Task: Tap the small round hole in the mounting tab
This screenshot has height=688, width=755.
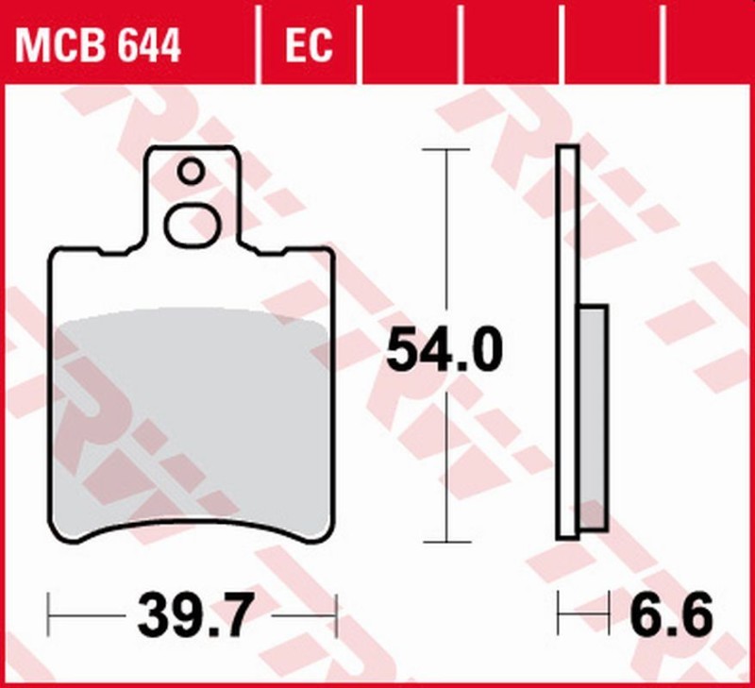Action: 192,172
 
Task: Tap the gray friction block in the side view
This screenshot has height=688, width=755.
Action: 593,415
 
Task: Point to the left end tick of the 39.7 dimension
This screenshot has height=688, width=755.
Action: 48,616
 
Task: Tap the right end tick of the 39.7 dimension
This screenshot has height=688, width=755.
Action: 337,616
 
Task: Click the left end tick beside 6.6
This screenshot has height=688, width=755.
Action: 559,616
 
